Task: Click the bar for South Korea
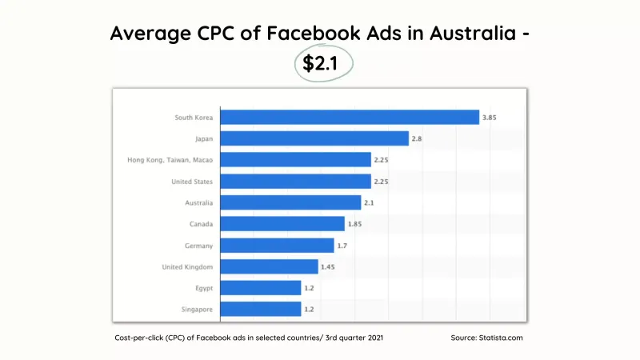pyautogui.click(x=350, y=118)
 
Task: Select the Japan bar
pyautogui.click(x=314, y=139)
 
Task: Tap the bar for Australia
pyautogui.click(x=290, y=202)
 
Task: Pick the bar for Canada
pyautogui.click(x=282, y=224)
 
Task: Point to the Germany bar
pyautogui.click(x=277, y=245)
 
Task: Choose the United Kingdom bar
pyautogui.click(x=269, y=266)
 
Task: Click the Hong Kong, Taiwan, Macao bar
pyautogui.click(x=295, y=160)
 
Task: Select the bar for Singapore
pyautogui.click(x=261, y=309)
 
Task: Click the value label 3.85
pyautogui.click(x=490, y=118)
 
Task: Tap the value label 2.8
pyautogui.click(x=416, y=139)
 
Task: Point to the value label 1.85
pyautogui.click(x=354, y=224)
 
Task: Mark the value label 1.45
pyautogui.click(x=328, y=266)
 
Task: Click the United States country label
pyautogui.click(x=192, y=182)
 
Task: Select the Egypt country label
pyautogui.click(x=202, y=288)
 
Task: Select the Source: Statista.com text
pyautogui.click(x=486, y=338)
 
